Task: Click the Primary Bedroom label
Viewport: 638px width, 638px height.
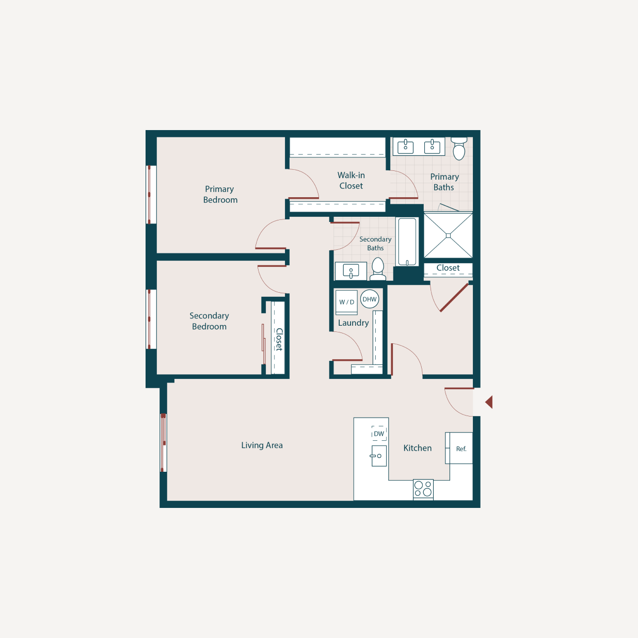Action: [x=220, y=195]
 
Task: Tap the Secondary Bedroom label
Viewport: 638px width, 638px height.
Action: [x=209, y=321]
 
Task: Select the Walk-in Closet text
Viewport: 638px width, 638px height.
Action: [x=351, y=181]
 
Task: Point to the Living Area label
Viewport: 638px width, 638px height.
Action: [x=262, y=445]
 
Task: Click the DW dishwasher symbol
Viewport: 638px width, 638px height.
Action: [x=379, y=434]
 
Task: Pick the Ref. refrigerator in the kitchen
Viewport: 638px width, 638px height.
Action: [x=460, y=449]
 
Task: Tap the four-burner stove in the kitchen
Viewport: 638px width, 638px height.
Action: [x=423, y=489]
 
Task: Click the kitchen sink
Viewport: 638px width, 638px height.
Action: [x=378, y=456]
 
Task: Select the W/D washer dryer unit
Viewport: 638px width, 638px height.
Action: [x=346, y=302]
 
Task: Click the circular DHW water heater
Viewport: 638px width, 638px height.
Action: [x=370, y=299]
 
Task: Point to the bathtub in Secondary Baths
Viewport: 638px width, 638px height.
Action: [x=407, y=242]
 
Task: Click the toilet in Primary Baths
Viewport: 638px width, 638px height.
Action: [x=459, y=149]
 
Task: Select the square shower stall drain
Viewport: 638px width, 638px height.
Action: [x=448, y=236]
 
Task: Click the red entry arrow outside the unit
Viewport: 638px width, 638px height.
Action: [x=489, y=402]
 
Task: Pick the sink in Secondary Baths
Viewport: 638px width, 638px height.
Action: [x=351, y=271]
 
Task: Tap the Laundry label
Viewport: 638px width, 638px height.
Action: [x=353, y=323]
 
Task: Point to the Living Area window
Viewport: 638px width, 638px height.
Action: [x=163, y=443]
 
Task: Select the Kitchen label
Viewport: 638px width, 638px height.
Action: [x=418, y=448]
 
